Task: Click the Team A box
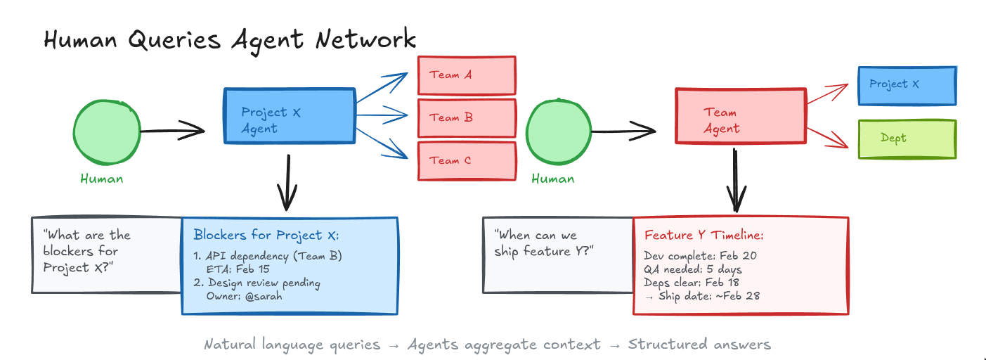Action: pos(466,75)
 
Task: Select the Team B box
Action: pos(466,118)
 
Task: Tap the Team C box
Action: pos(466,161)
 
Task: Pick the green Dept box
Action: pos(907,139)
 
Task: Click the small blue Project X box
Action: pos(907,85)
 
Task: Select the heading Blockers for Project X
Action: pos(266,235)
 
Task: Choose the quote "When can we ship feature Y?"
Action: pos(544,243)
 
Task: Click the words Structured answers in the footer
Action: pos(699,345)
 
